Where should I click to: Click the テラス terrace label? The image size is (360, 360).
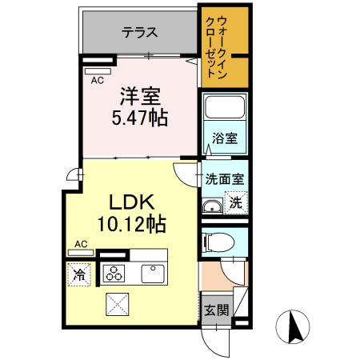[140, 34]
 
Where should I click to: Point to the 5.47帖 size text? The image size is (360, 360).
[141, 118]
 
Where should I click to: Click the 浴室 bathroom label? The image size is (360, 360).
[224, 138]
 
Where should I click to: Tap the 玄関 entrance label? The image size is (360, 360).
[212, 310]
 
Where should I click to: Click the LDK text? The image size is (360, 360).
[120, 201]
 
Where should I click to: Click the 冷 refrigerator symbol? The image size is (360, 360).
[79, 274]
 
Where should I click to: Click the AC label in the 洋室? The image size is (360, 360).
[97, 81]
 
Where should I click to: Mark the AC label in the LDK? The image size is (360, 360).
[81, 243]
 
